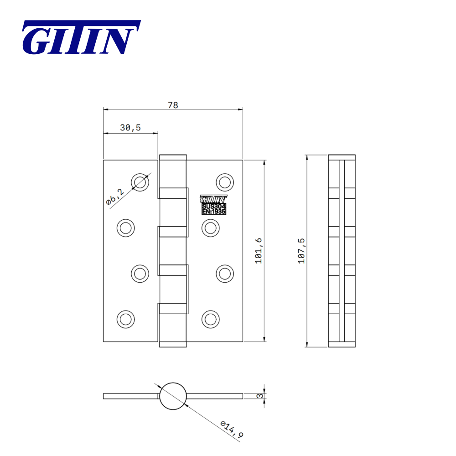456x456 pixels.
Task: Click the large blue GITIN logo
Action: click(81, 37)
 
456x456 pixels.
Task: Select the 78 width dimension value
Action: click(173, 105)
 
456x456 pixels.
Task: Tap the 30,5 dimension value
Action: click(130, 127)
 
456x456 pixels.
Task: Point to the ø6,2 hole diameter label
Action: click(115, 197)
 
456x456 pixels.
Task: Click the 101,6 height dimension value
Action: click(259, 251)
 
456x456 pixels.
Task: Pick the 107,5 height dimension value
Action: click(301, 251)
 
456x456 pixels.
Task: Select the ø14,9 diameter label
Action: click(232, 429)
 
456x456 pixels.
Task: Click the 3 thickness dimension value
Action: click(260, 396)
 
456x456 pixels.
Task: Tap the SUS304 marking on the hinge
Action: click(214, 206)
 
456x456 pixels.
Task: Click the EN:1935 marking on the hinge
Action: click(214, 212)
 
